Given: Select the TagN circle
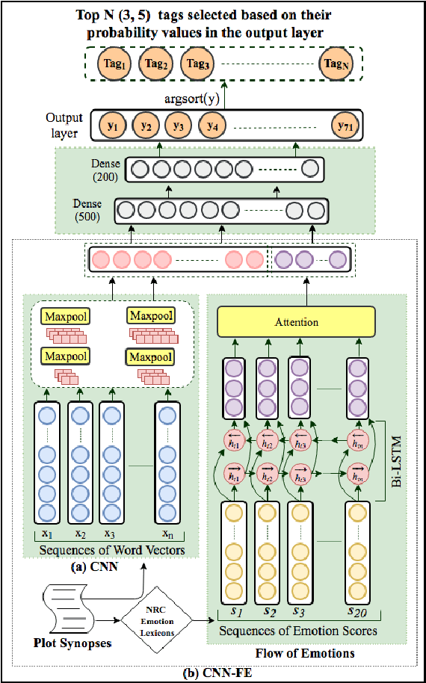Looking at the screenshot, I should coord(335,65).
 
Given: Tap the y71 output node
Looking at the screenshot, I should coord(345,126).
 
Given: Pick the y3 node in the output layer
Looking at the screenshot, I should coord(178,126).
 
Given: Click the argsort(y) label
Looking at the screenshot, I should coord(197,99).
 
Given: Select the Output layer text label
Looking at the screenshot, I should coord(64,125).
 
